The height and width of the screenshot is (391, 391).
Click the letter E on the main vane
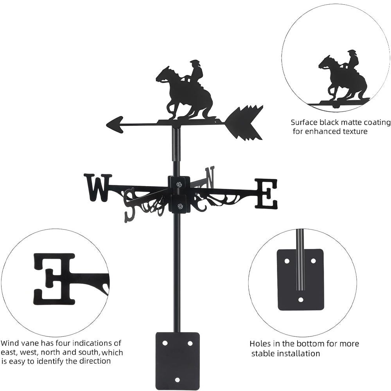click(x=266, y=194)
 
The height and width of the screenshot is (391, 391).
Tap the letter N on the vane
click(x=210, y=177)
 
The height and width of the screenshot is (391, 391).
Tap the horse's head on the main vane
click(x=163, y=74)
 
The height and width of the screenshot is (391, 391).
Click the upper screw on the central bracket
click(x=179, y=184)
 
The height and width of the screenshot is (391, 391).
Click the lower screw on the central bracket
click(x=179, y=206)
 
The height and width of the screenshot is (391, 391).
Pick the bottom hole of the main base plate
click(x=178, y=380)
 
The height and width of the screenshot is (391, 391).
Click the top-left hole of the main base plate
click(x=165, y=343)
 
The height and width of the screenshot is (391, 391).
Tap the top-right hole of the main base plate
click(x=190, y=343)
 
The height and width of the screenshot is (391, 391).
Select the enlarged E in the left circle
click(x=54, y=279)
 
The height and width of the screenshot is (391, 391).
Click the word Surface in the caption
click(x=304, y=122)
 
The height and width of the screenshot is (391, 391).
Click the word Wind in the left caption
click(x=10, y=343)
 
